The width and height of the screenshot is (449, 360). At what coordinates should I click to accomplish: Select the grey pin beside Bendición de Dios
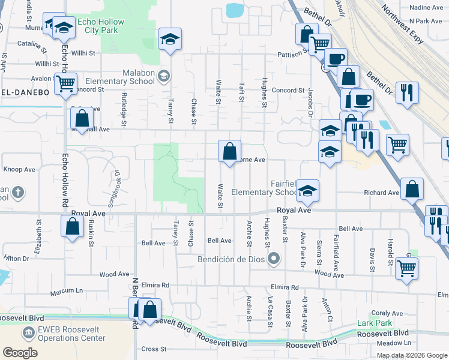(274, 259)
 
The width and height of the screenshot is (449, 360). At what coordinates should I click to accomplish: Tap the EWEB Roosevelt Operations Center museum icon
(28, 332)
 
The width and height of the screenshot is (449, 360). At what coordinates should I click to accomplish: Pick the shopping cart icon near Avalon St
(65, 83)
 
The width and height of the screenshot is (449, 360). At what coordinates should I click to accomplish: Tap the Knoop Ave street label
(19, 170)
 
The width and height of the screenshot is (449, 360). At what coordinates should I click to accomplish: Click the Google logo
(20, 352)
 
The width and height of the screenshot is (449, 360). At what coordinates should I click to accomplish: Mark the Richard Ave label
(381, 193)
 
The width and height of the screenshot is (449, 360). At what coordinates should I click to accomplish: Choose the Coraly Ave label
(387, 313)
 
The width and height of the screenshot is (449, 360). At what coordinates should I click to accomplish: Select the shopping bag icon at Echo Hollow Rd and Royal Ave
(72, 227)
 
